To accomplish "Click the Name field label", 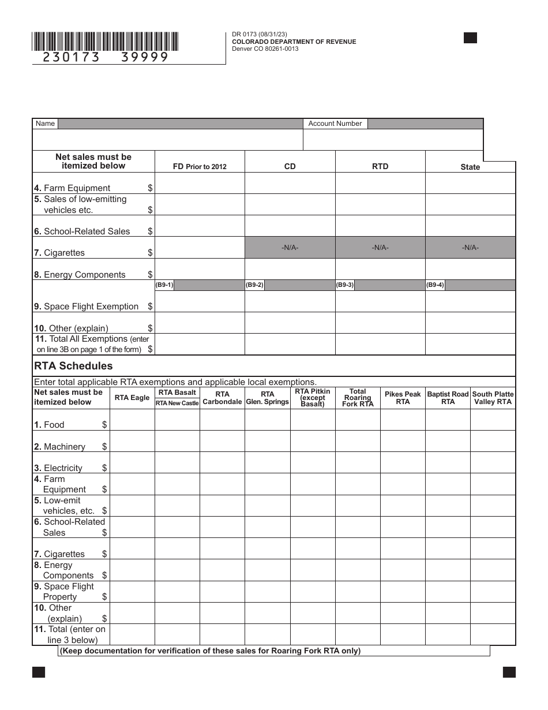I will (x=45, y=124).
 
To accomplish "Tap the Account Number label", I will (x=335, y=124).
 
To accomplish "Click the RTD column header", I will (x=380, y=166).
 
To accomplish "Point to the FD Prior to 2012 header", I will (x=200, y=167).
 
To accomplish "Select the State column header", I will (x=470, y=167).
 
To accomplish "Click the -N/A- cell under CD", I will (x=290, y=247).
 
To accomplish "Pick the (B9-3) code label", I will (x=344, y=285).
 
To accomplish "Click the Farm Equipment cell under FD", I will (x=200, y=183).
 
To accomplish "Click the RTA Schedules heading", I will (x=73, y=366).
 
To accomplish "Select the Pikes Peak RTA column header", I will (x=403, y=398).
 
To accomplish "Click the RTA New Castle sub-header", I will (x=177, y=403).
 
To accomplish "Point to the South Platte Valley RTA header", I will (x=493, y=398).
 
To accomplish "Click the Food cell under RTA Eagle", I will (x=132, y=420).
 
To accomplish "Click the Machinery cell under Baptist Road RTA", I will (x=448, y=441).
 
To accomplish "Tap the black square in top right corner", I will (x=471, y=38).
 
